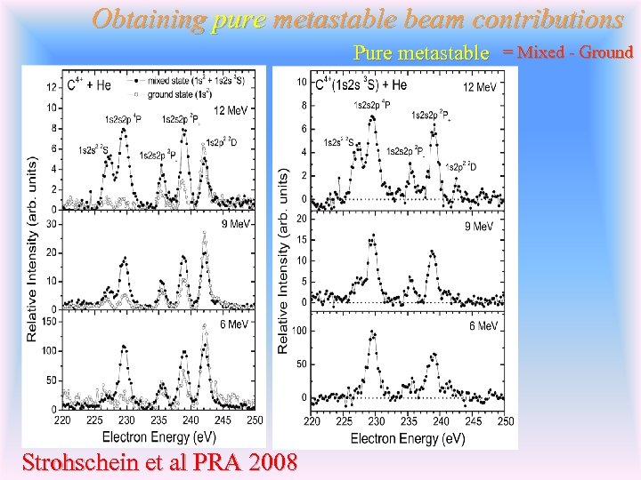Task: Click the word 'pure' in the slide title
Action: [239, 19]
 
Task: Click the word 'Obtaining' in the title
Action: [148, 19]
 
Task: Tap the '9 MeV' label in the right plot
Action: [479, 227]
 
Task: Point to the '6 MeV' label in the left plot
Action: [234, 324]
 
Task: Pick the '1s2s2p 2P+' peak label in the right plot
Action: [433, 115]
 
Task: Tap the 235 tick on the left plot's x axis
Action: [158, 420]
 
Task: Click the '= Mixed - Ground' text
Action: [567, 52]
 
